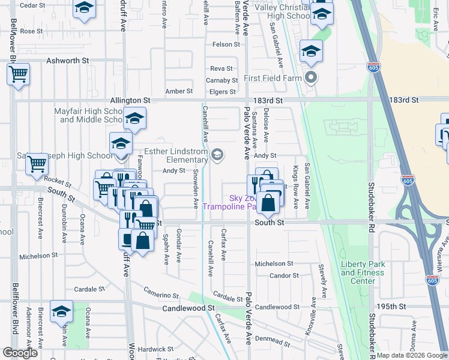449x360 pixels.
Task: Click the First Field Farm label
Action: pyautogui.click(x=274, y=79)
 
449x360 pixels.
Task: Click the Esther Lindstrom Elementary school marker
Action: pyautogui.click(x=217, y=155)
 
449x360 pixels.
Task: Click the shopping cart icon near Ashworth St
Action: pyautogui.click(x=19, y=74)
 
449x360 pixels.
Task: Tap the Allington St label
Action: pyautogui.click(x=130, y=100)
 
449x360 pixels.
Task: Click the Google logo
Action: pyautogui.click(x=20, y=353)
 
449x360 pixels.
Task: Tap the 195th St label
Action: pyautogui.click(x=396, y=306)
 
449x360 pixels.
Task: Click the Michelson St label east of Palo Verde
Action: pyautogui.click(x=273, y=263)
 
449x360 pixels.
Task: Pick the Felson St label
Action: pyautogui.click(x=226, y=44)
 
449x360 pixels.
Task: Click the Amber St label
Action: pyautogui.click(x=179, y=91)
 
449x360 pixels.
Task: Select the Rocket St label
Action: pyautogui.click(x=58, y=179)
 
